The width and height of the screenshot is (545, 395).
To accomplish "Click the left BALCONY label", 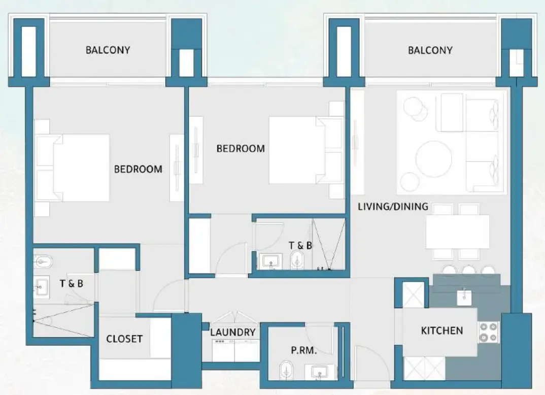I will [108, 50].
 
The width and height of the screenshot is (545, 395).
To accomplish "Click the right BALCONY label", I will [430, 50].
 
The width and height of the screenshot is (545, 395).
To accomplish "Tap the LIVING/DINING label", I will [393, 207].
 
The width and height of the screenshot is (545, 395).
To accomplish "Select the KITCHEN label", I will [442, 331].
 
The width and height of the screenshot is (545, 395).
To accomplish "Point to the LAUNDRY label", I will [233, 333].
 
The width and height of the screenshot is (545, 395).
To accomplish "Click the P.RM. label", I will [304, 350].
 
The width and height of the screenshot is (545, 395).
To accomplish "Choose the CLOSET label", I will [124, 339].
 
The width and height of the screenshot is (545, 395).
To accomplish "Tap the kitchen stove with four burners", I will [488, 332].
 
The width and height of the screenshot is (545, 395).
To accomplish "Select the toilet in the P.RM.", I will [285, 370].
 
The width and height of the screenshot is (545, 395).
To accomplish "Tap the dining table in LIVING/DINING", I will [457, 232].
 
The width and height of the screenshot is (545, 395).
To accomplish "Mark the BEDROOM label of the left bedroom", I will [138, 169].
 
